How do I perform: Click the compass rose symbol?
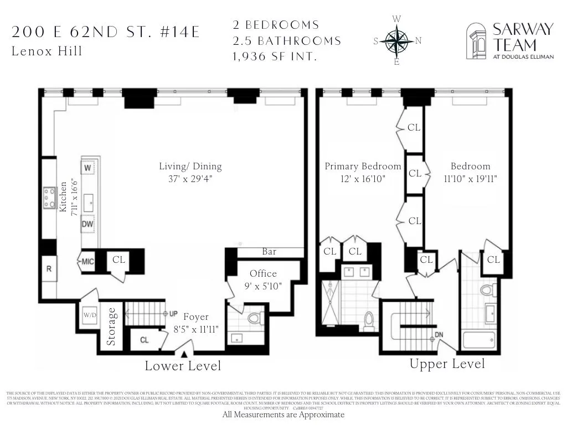coord(396,40)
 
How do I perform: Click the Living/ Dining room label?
coord(190,166)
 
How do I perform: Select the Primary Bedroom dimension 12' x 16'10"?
coord(362,179)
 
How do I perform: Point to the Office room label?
coord(263,274)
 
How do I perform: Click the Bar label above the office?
coord(269,252)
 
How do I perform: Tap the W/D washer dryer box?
coord(89,316)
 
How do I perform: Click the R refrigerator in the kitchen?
coord(49,269)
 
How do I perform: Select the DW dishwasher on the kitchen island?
coord(87,224)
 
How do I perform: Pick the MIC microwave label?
coord(87,262)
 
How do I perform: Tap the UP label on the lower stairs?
coord(173,314)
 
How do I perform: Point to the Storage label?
coord(112,326)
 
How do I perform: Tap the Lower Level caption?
coord(183,366)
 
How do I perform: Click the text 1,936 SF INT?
coord(277,56)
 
